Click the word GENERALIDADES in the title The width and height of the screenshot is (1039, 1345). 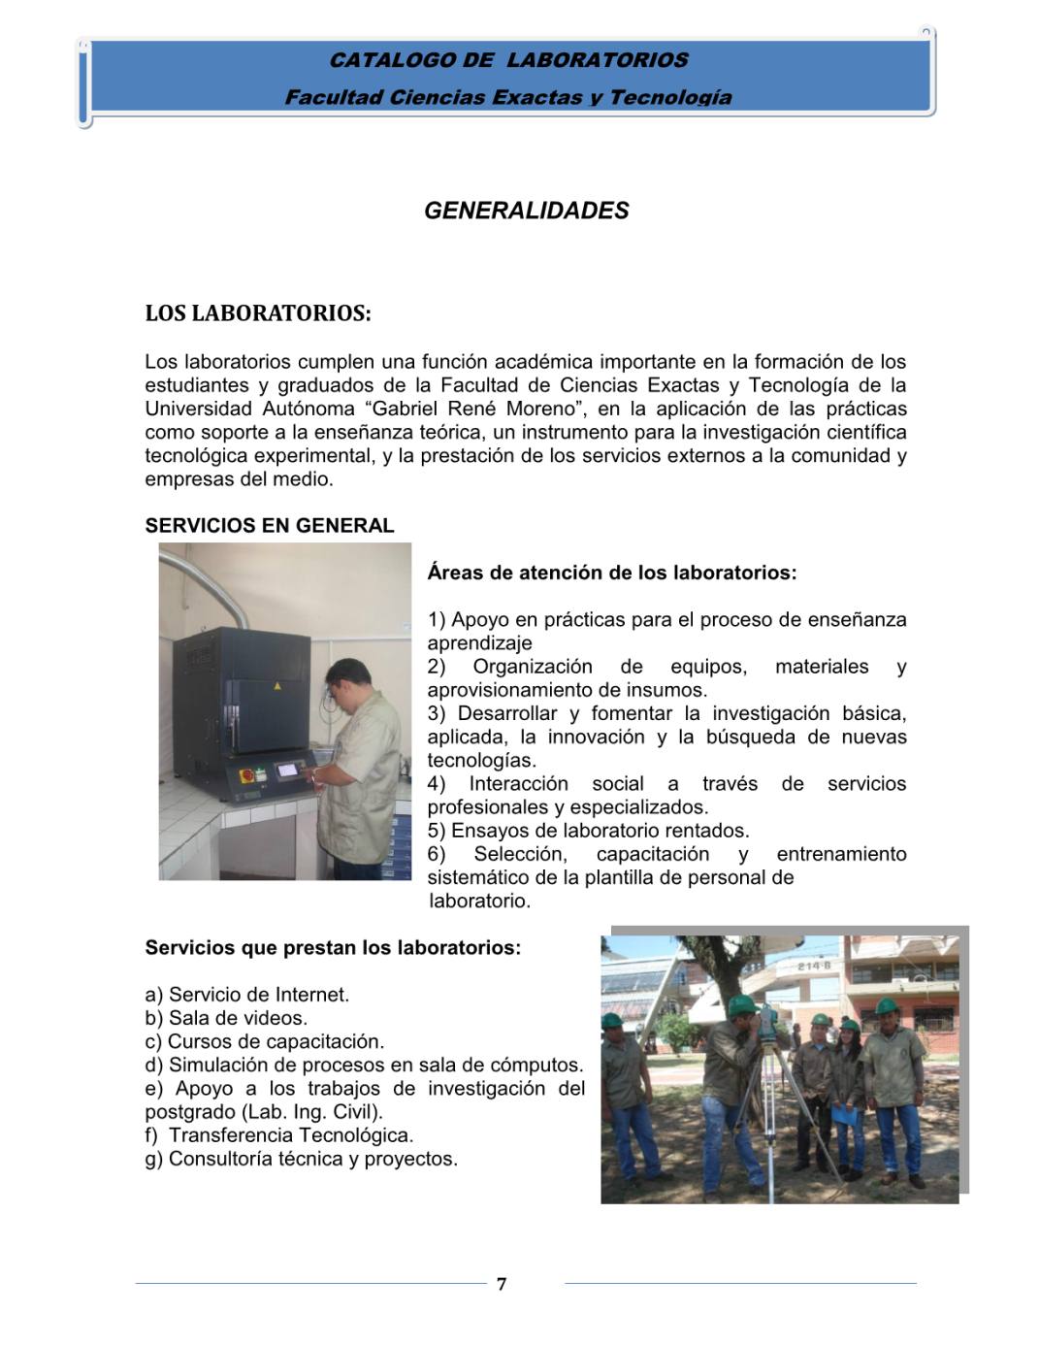[x=526, y=211]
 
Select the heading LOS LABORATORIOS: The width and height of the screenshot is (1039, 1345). [x=257, y=313]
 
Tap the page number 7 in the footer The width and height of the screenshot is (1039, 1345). [x=502, y=1284]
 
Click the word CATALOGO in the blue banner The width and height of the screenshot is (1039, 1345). [x=392, y=60]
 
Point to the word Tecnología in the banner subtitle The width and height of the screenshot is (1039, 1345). [x=670, y=97]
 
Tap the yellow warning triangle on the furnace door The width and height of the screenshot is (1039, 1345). [x=277, y=685]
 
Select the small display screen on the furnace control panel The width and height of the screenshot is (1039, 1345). [x=289, y=770]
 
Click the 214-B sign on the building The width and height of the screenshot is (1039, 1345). [x=814, y=967]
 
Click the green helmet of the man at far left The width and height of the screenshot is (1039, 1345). [x=612, y=1020]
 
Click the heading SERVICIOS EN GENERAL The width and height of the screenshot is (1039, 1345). [x=270, y=526]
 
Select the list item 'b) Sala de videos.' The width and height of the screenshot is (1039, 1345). [x=226, y=1018]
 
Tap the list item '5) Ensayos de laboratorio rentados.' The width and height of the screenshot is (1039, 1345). [x=588, y=831]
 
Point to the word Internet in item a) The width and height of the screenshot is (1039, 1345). [x=310, y=995]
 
